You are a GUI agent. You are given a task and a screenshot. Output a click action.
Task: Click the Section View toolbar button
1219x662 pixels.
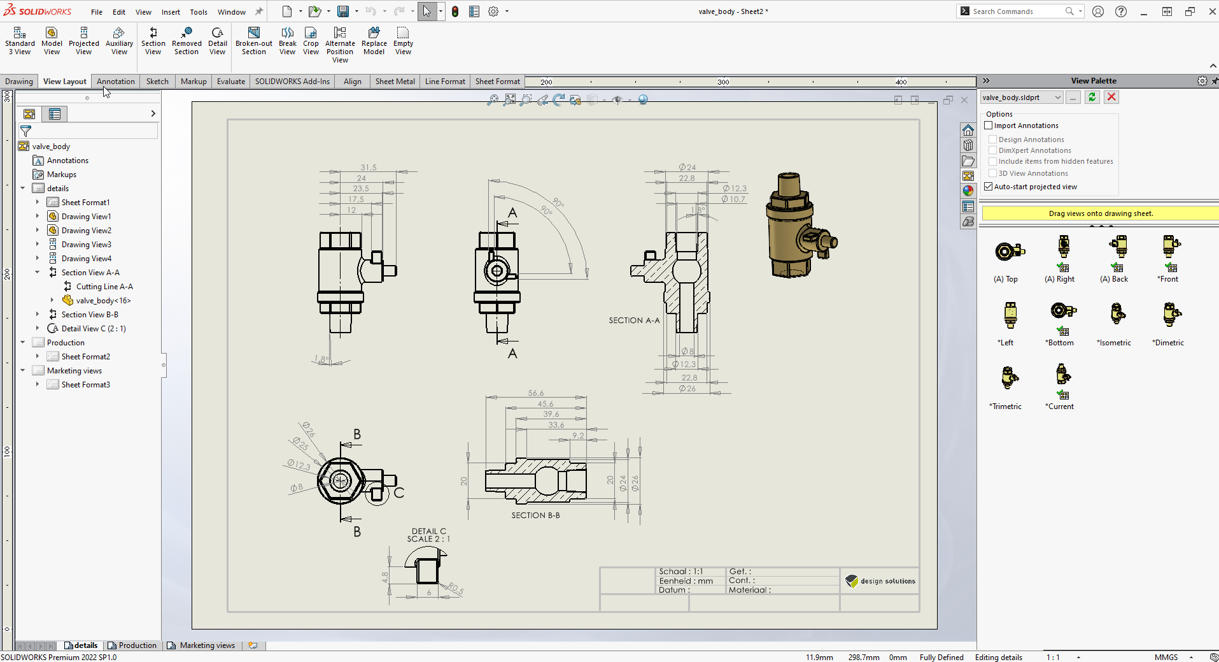pos(153,41)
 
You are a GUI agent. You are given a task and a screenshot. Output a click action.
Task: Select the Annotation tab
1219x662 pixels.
pos(115,82)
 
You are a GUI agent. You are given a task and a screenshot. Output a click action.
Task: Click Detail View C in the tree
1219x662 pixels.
pos(93,329)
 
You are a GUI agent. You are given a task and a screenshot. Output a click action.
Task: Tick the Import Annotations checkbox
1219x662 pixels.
pos(989,126)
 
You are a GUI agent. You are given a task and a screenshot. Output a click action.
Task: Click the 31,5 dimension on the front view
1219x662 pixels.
pos(369,168)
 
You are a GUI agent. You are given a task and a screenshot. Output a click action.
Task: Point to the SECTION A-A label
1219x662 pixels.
pos(634,320)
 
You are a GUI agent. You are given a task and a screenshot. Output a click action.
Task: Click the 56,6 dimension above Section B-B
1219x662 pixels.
pos(536,393)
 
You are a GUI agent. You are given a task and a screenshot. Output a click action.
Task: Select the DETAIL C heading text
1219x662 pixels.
pos(428,531)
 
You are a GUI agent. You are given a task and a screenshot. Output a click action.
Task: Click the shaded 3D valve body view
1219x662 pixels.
pos(800,226)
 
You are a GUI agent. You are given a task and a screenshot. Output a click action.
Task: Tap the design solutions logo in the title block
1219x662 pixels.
pos(880,581)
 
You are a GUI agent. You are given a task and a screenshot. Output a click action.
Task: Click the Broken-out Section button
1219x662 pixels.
pos(253,41)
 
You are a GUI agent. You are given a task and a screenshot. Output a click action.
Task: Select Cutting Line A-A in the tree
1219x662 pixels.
pos(104,287)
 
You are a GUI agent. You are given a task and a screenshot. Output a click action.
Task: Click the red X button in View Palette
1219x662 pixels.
pos(1111,97)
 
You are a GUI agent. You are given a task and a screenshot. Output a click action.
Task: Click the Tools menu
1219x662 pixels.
pos(199,11)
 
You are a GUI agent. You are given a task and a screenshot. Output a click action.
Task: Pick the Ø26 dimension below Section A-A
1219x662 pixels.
pos(687,389)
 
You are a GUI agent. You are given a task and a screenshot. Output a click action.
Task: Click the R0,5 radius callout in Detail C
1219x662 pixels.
pos(456,588)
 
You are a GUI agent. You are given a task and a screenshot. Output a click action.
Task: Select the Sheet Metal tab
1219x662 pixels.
pos(395,82)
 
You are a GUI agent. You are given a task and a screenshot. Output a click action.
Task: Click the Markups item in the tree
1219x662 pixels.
pos(61,175)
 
